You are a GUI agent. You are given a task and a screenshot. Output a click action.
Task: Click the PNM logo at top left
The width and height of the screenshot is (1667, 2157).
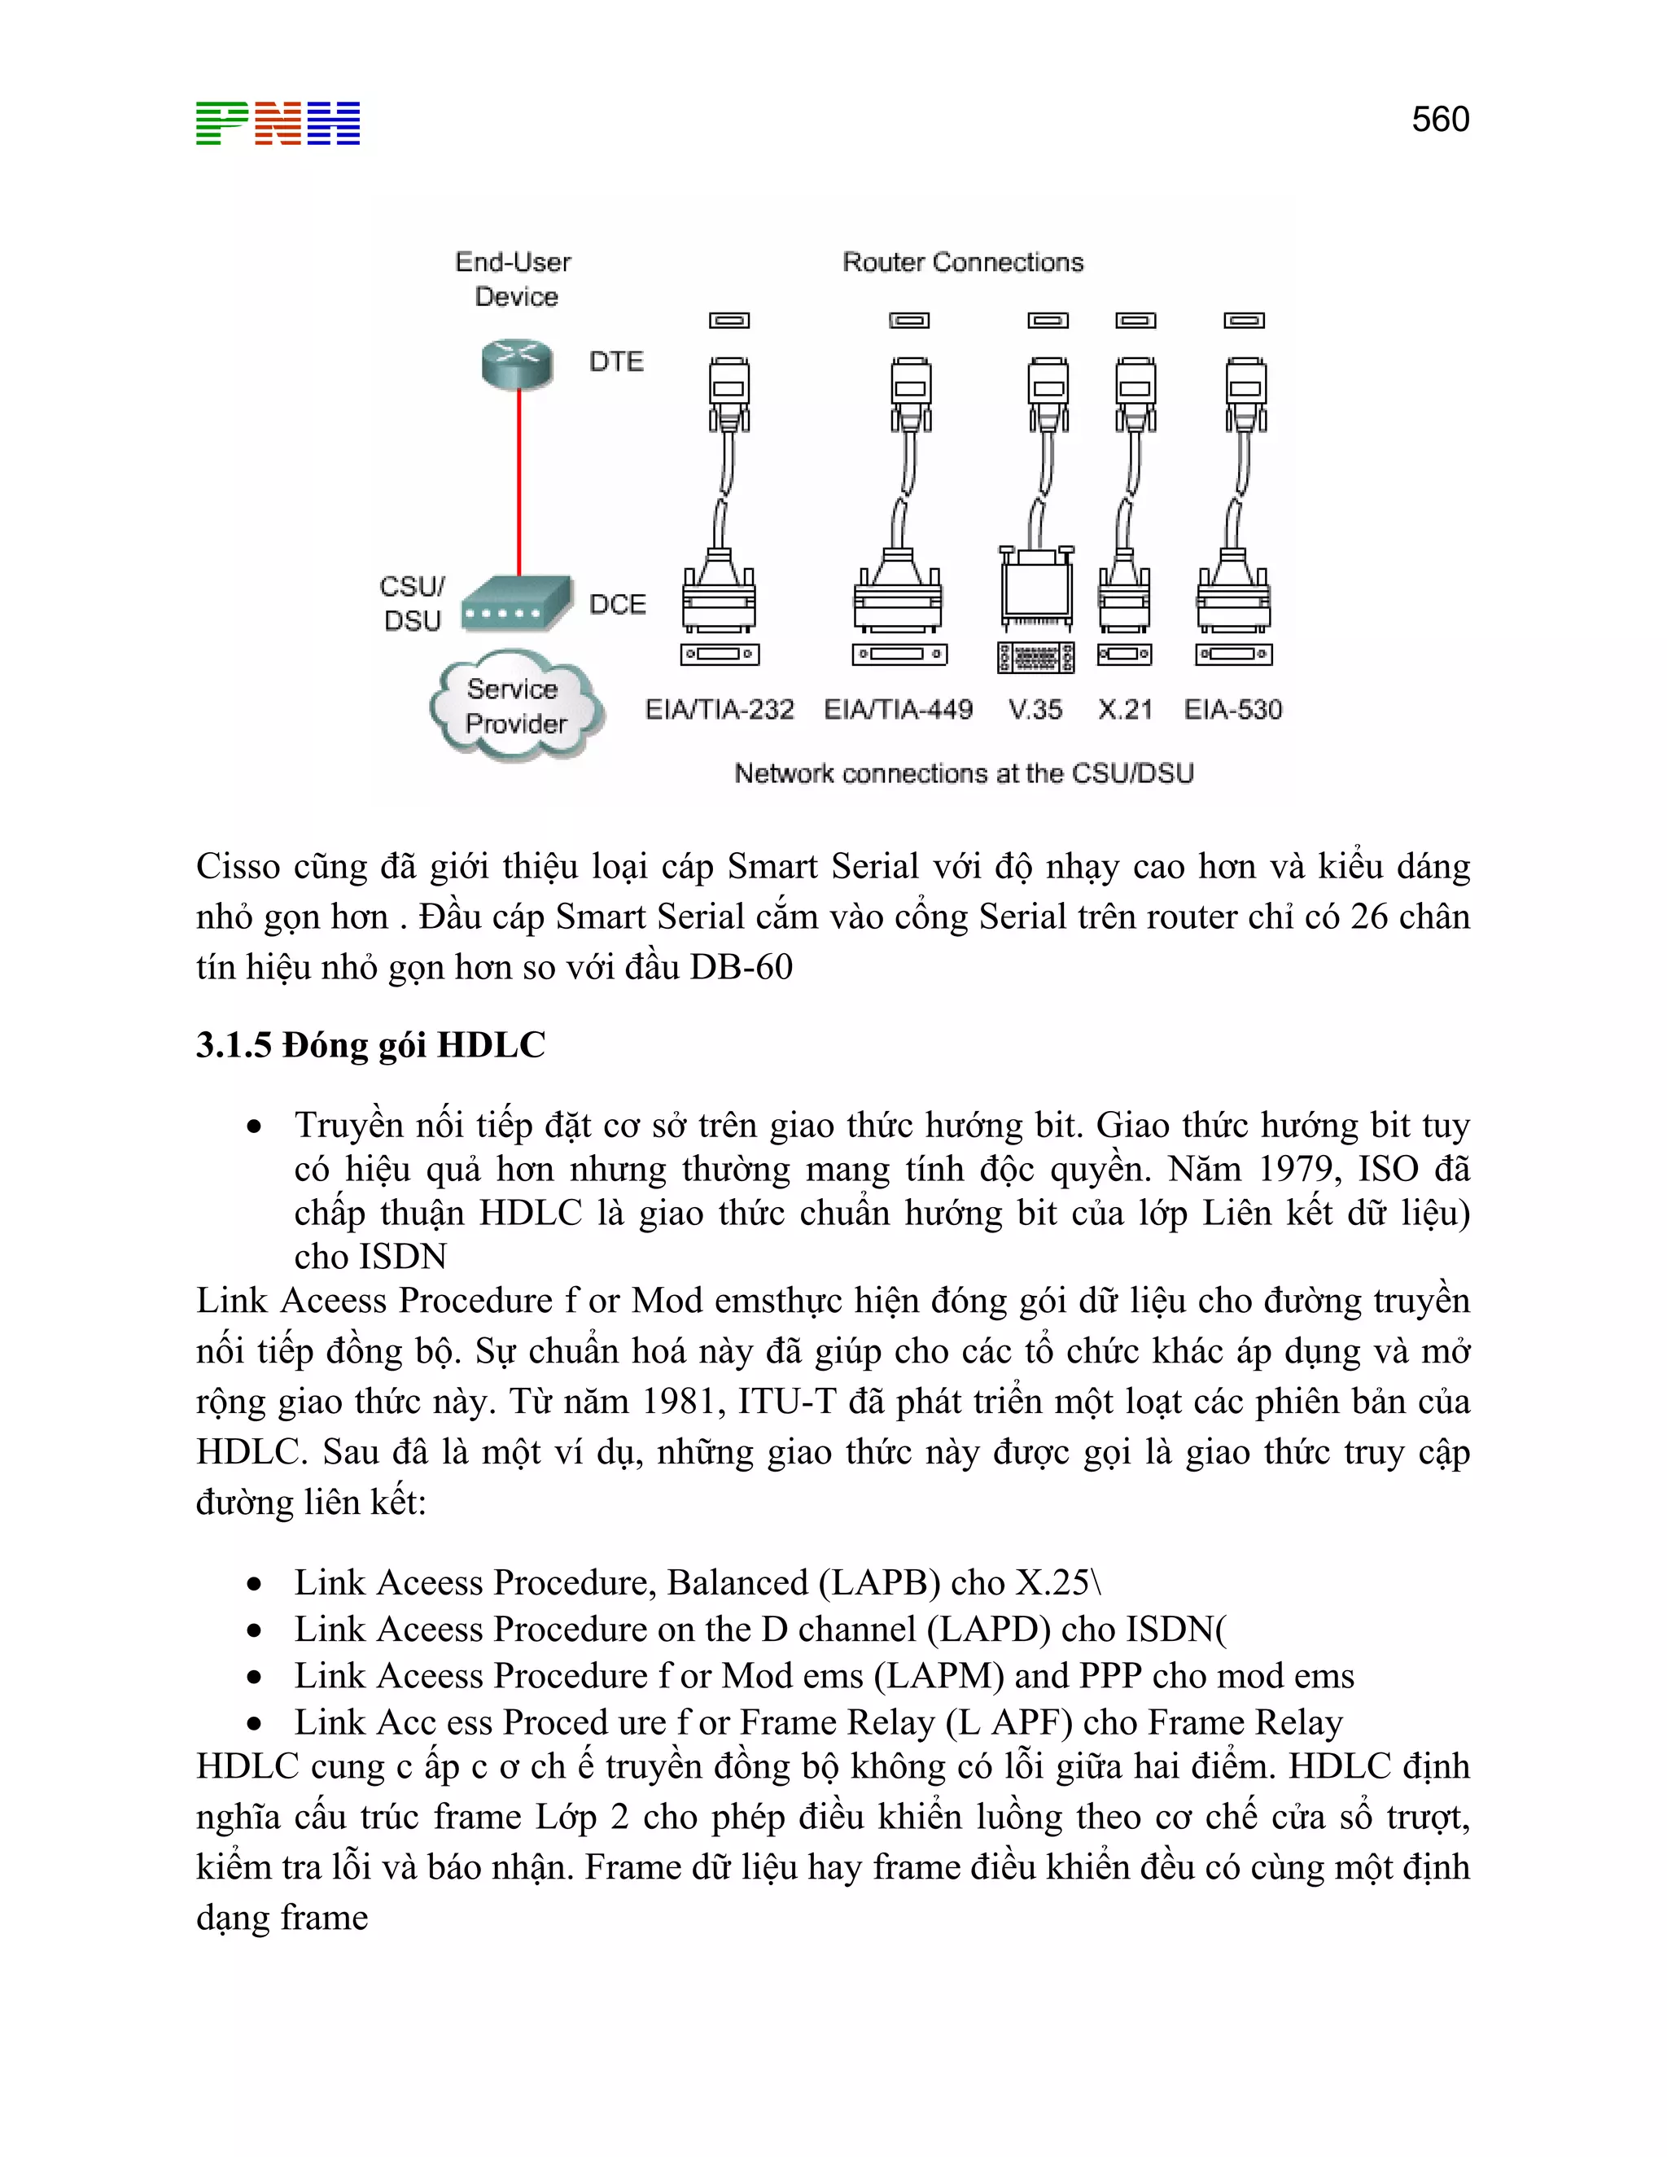[x=278, y=124]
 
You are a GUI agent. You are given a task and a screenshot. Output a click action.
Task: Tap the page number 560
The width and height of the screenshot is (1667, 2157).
[x=1440, y=120]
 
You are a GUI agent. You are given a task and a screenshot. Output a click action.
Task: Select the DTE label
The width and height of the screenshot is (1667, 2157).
[x=616, y=361]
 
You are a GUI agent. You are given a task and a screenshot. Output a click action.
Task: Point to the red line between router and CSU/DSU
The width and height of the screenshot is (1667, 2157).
[x=519, y=484]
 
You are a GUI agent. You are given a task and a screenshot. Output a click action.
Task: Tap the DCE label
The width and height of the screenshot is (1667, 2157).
[x=617, y=605]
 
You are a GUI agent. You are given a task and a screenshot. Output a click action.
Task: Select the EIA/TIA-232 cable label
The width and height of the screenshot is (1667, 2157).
[x=719, y=709]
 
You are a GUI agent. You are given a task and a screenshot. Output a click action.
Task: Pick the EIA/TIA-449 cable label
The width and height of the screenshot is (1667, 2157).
[x=898, y=709]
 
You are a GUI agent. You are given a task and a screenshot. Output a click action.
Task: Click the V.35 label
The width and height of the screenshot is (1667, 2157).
[x=1035, y=709]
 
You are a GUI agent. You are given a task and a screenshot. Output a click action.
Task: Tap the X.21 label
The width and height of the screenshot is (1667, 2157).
[x=1125, y=709]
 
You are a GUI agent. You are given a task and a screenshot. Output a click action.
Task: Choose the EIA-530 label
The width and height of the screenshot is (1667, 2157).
[x=1232, y=709]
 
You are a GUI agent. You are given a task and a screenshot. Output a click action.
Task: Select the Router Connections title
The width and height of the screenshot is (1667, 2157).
[x=963, y=262]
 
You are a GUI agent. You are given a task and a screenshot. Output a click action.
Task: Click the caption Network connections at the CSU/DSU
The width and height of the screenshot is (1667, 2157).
[x=964, y=773]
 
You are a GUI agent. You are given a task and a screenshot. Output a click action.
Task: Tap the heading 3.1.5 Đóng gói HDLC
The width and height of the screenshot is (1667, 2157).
[x=370, y=1045]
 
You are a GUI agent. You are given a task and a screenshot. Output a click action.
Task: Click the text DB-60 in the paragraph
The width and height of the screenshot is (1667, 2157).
[x=741, y=967]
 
